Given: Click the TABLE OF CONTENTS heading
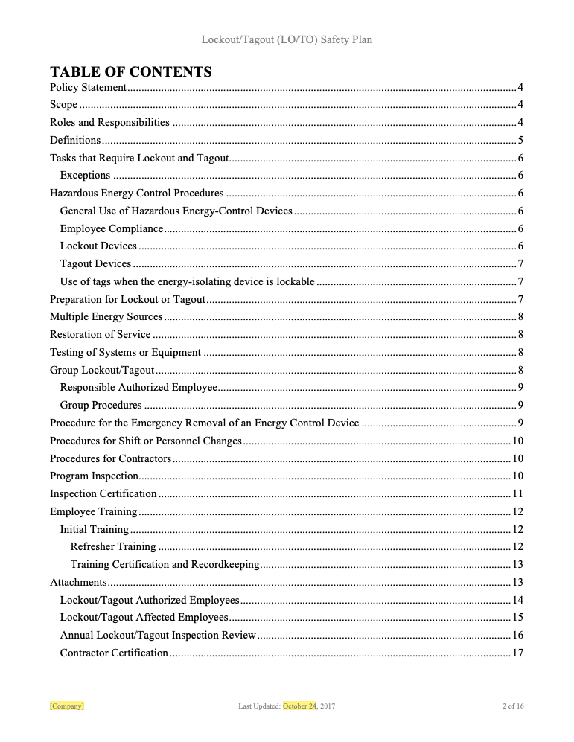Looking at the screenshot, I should (x=130, y=71).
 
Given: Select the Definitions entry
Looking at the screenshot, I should (x=75, y=140).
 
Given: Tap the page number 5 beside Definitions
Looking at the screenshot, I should (x=520, y=140).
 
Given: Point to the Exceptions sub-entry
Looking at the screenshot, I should (x=85, y=176).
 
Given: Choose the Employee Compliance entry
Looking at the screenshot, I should (x=112, y=228).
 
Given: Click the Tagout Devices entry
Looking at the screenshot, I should (x=95, y=263).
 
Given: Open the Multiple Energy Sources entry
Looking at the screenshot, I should (x=106, y=317).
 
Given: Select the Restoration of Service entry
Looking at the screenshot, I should (x=100, y=334).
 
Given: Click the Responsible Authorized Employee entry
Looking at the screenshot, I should (x=138, y=387).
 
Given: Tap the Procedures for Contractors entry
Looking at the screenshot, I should (x=110, y=458).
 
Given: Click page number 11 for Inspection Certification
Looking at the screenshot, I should (x=517, y=493).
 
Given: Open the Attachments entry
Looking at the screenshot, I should (x=78, y=582).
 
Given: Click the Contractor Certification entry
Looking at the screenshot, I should (x=114, y=653).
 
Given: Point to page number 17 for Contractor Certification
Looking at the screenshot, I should (x=517, y=653).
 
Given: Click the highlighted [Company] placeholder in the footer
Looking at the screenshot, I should (x=66, y=706).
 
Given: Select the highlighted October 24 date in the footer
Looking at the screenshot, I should (x=299, y=706).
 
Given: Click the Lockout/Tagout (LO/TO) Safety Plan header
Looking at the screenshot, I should (x=287, y=39).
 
